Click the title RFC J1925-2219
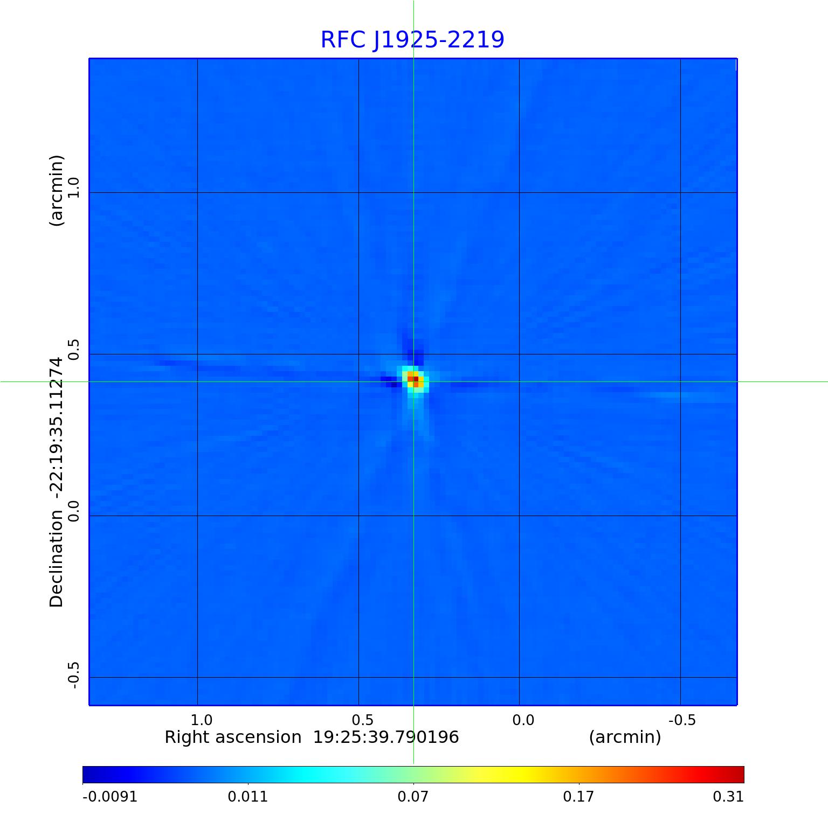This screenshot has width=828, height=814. pyautogui.click(x=412, y=40)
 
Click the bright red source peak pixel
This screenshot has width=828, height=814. pyautogui.click(x=416, y=379)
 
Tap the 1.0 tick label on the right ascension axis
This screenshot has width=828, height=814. pyautogui.click(x=202, y=720)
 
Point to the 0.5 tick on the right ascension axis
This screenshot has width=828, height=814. pyautogui.click(x=362, y=720)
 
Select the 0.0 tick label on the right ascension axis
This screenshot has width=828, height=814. pyautogui.click(x=523, y=720)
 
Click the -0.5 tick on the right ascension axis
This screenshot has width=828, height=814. pyautogui.click(x=682, y=720)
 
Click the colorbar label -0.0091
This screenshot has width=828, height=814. pyautogui.click(x=109, y=797)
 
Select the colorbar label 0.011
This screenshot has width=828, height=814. pyautogui.click(x=248, y=797)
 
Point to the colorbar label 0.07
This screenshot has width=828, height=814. pyautogui.click(x=413, y=797)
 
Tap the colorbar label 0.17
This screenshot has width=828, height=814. pyautogui.click(x=578, y=797)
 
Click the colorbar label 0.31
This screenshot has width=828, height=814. pyautogui.click(x=728, y=797)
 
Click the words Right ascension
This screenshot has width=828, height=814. pyautogui.click(x=233, y=737)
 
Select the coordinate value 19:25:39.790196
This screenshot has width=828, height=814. pyautogui.click(x=386, y=737)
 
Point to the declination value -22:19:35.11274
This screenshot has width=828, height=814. pyautogui.click(x=57, y=429)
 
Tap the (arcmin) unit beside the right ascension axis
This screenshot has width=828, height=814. pyautogui.click(x=625, y=737)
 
